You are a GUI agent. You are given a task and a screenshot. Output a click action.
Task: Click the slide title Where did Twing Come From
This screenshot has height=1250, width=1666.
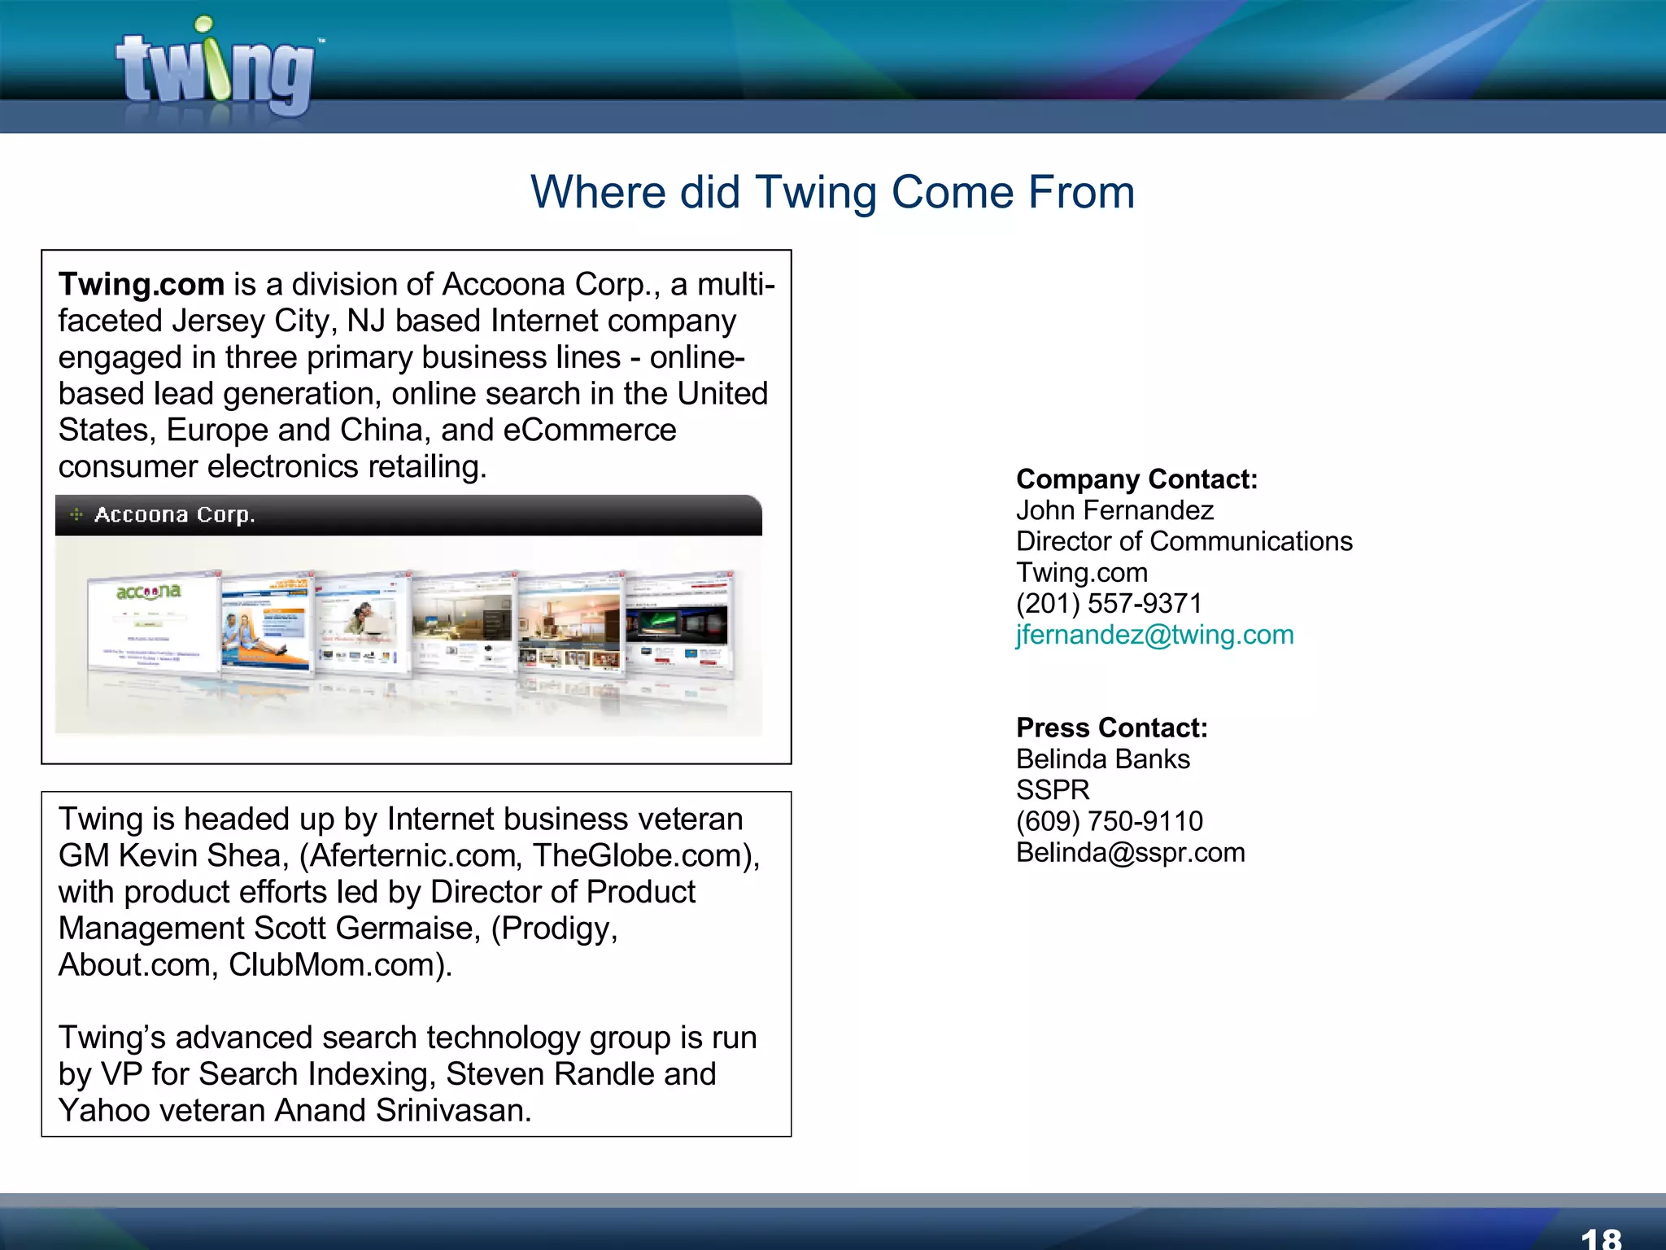[832, 193]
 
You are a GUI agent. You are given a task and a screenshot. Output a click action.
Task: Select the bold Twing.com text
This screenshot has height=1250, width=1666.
[141, 285]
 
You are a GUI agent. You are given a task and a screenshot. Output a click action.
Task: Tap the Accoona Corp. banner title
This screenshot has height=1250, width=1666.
[174, 515]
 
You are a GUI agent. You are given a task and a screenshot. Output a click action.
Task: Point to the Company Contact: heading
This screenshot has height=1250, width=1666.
[1136, 479]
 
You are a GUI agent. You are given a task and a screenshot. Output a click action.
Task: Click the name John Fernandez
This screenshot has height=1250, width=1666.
[1114, 510]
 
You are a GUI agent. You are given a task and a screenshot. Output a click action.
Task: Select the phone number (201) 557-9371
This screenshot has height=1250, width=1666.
[1109, 604]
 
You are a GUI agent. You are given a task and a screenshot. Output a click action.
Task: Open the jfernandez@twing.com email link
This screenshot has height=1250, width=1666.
[1154, 635]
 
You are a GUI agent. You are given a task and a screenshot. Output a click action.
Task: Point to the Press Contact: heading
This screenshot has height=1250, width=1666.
[1111, 728]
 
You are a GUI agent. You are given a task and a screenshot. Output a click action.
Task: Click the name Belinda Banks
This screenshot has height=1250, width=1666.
[1102, 759]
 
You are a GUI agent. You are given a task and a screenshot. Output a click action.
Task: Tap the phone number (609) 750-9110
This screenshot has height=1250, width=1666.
[1109, 821]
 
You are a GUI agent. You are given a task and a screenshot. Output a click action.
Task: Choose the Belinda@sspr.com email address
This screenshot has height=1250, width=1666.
[1130, 853]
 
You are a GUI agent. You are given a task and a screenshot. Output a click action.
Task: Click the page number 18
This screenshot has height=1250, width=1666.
[1600, 1238]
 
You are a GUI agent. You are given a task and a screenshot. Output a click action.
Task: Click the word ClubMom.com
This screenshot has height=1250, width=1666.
[338, 965]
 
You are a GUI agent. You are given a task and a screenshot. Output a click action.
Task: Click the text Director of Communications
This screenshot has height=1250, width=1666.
[1184, 541]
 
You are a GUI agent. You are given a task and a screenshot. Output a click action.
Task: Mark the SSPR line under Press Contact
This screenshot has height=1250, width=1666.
[1053, 790]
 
